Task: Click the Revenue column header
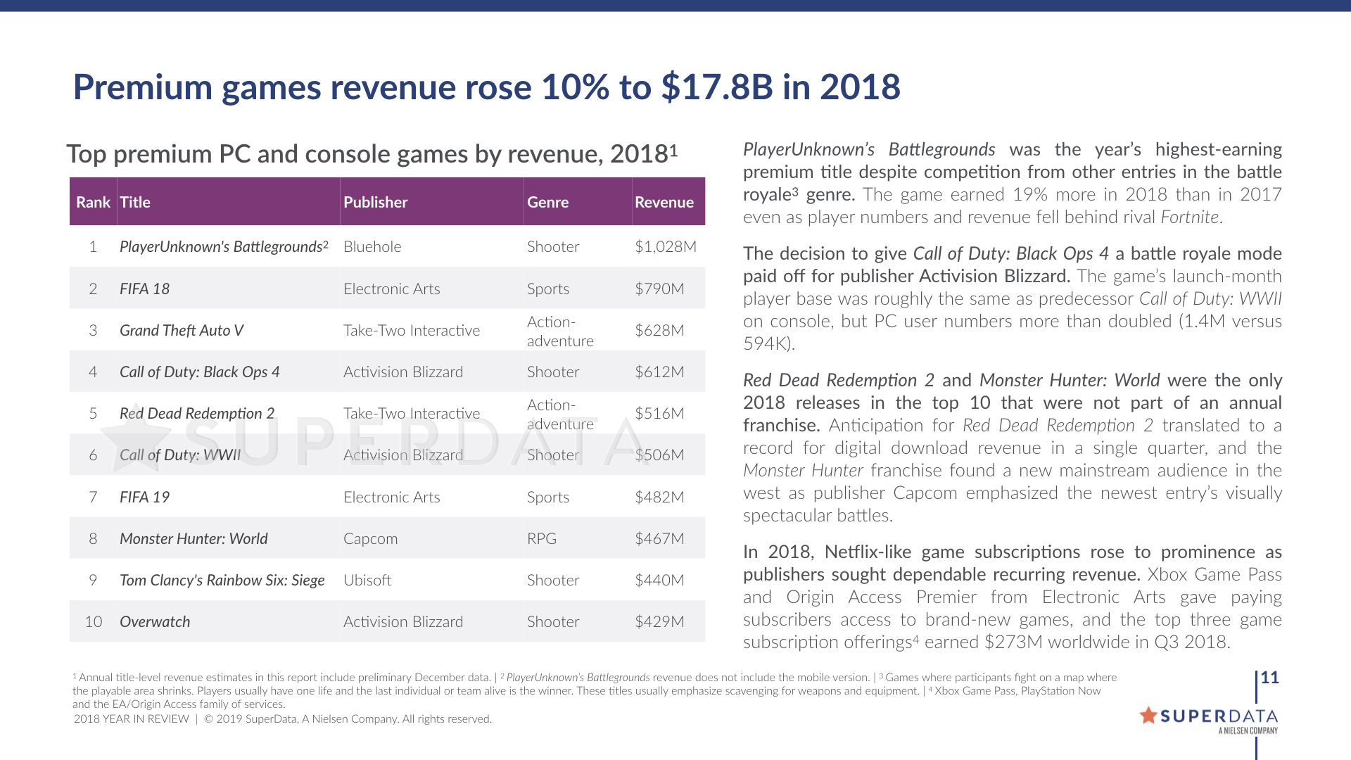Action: pos(664,203)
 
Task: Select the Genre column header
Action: pos(547,203)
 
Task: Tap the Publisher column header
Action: pos(375,203)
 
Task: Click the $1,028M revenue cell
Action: pos(665,247)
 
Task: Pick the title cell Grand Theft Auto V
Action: pos(182,331)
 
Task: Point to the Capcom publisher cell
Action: pos(370,539)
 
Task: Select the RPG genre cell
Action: pos(541,539)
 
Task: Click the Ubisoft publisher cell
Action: pos(367,581)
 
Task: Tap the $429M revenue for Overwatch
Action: pos(659,622)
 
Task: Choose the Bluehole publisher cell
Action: pos(372,247)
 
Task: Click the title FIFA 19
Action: pos(144,498)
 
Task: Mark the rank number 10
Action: pos(93,622)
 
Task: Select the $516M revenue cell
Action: pos(659,414)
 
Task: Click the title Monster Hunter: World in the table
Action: pos(194,539)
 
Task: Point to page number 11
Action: pos(1269,678)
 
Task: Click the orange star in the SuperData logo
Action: pos(1148,716)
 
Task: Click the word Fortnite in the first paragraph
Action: pos(1189,217)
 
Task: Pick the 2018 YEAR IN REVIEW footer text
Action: pos(132,719)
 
